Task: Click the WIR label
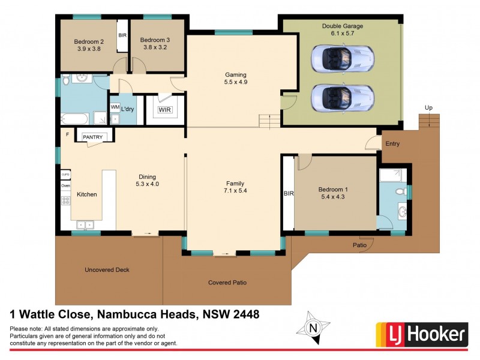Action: click(x=164, y=110)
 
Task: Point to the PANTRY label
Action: click(x=93, y=137)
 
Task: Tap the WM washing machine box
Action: click(x=115, y=107)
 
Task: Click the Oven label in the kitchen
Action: click(x=65, y=186)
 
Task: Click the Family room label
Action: click(x=235, y=183)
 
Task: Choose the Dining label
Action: click(x=148, y=176)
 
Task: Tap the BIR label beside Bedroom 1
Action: click(x=288, y=193)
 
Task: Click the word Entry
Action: click(x=392, y=144)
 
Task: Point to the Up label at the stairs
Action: click(x=428, y=107)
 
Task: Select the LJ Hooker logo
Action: click(x=421, y=334)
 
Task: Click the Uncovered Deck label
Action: click(x=106, y=270)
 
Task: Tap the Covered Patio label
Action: click(x=227, y=283)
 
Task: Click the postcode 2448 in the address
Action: click(x=246, y=314)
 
